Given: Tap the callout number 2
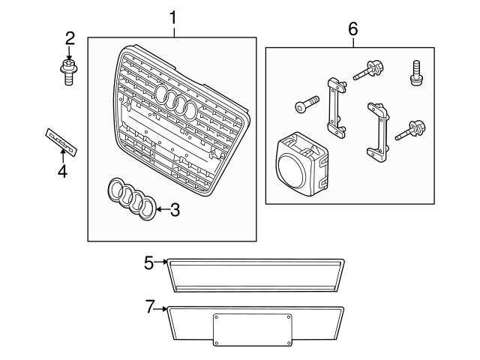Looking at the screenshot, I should tap(70, 38).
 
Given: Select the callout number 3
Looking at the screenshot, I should tap(175, 210).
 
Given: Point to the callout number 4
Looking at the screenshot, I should tap(62, 172).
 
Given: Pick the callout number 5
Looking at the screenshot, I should tap(148, 262).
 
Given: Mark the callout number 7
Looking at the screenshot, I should tap(148, 306).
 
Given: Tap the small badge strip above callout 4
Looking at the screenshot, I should tap(62, 140).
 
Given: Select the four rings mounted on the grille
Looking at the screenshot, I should tap(177, 103).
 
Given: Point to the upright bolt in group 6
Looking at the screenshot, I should tap(412, 73).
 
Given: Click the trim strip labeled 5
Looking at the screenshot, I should tap(255, 274).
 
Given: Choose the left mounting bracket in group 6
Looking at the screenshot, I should tap(334, 108).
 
